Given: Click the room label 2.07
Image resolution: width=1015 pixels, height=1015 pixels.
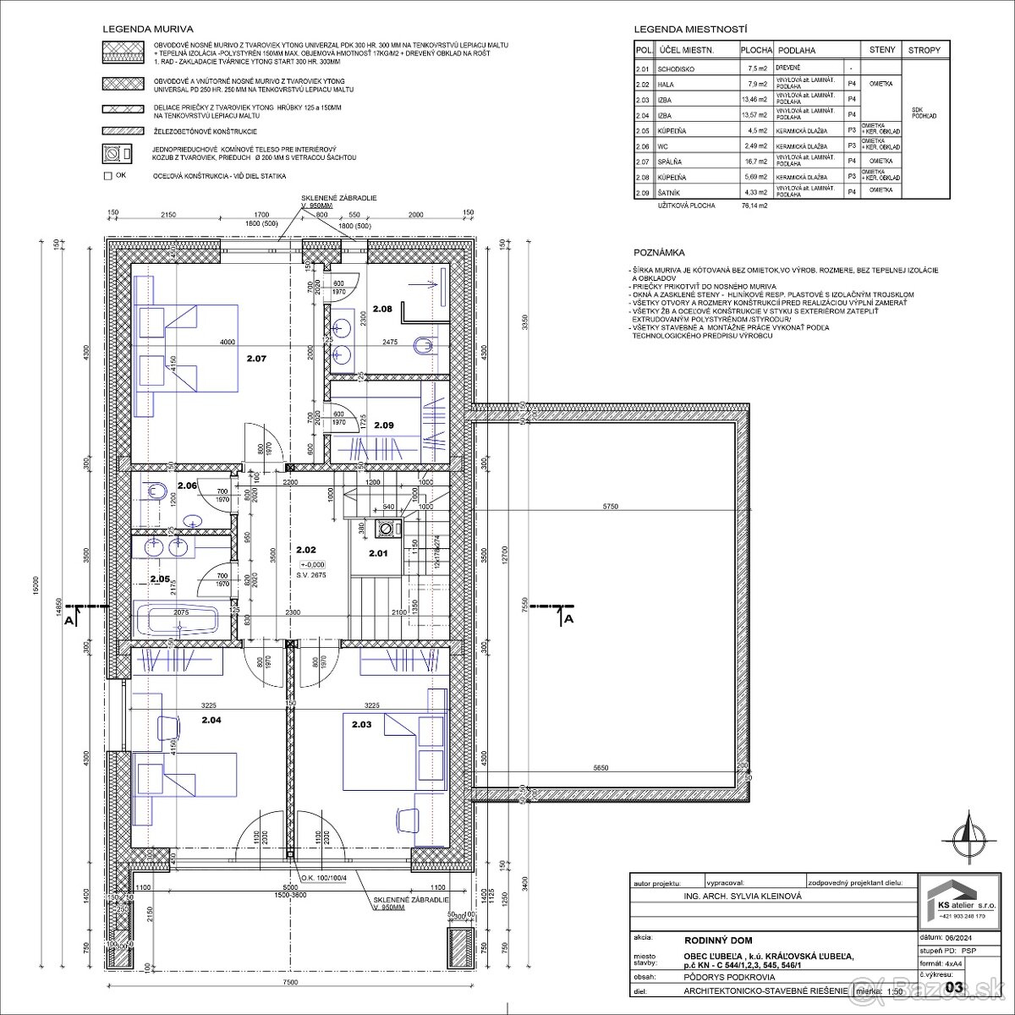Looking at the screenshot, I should tap(255, 359).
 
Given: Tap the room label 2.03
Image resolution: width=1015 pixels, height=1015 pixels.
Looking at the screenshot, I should tap(362, 724).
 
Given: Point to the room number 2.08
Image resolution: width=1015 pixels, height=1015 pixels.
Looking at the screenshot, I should tap(383, 310).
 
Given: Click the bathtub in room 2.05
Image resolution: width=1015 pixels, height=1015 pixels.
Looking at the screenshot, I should tap(177, 619).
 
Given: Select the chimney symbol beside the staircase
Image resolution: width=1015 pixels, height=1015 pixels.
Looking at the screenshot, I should tap(387, 529).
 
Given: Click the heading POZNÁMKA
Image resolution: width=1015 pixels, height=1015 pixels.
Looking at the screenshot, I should tap(659, 253).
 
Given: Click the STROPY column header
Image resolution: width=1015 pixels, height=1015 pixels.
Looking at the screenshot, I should tap(924, 50).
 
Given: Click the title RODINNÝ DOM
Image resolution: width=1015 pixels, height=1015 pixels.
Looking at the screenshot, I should tap(717, 940).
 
